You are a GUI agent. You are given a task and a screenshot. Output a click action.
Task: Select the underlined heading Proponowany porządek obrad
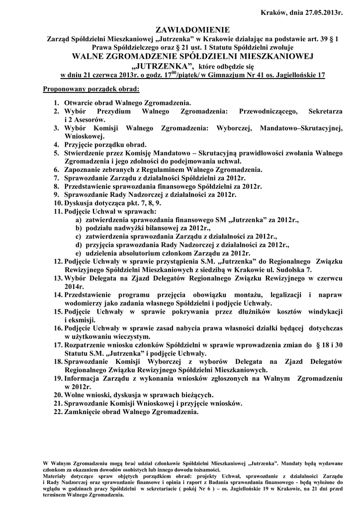(91, 89)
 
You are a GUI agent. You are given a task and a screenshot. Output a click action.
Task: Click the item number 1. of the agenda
(58, 102)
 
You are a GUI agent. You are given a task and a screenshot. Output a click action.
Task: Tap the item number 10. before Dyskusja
(58, 203)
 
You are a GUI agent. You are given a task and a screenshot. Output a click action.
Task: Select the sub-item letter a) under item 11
(79, 220)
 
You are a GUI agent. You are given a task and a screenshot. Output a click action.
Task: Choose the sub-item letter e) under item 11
(79, 253)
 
